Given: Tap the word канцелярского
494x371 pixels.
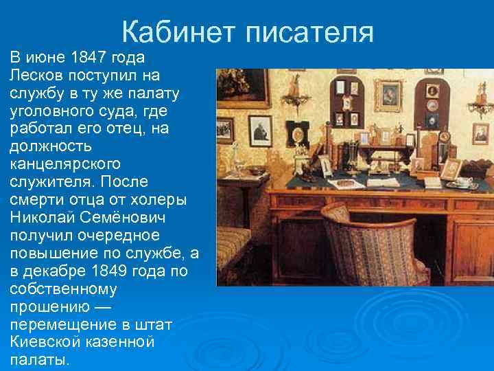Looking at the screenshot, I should pos(65,164).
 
